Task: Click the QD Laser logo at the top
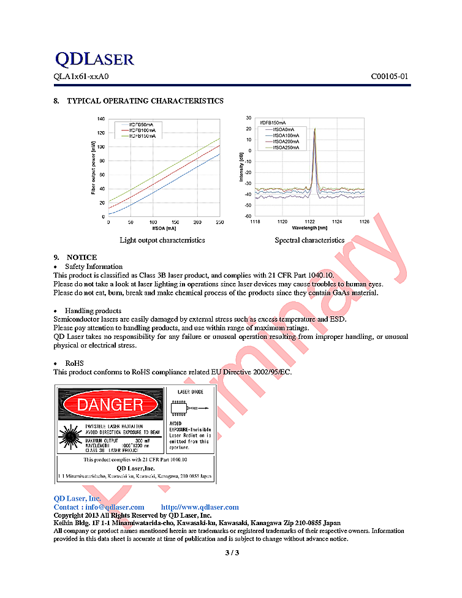(94, 59)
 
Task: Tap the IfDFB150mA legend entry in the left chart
(142, 137)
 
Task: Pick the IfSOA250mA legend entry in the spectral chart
(286, 147)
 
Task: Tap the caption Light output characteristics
(162, 240)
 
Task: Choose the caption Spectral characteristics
(309, 240)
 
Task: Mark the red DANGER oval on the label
(110, 405)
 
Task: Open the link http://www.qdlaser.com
(200, 507)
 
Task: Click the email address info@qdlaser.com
(115, 507)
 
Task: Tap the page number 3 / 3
(231, 553)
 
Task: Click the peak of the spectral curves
(314, 129)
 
